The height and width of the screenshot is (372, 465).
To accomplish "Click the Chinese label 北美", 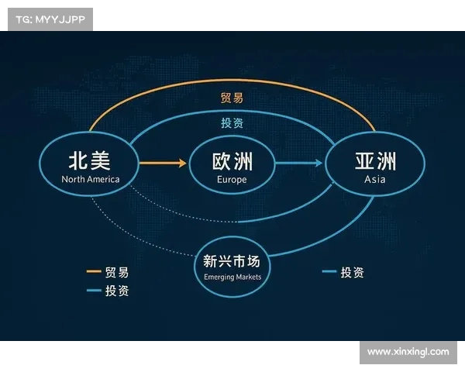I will tap(90, 160).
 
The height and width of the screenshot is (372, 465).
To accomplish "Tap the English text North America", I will tap(91, 179).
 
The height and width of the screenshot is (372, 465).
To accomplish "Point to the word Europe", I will tap(232, 180).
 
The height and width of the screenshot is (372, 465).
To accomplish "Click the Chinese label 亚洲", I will tap(375, 160).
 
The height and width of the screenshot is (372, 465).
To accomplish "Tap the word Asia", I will tap(375, 180).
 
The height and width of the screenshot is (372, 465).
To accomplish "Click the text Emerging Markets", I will tap(232, 277).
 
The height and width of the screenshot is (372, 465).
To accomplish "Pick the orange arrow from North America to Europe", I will tap(163, 163).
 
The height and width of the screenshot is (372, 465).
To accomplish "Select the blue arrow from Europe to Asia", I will tap(299, 163).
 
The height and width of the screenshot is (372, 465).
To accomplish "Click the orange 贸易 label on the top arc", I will tap(232, 98).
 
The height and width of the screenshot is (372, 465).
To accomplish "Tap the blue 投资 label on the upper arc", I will tap(232, 122).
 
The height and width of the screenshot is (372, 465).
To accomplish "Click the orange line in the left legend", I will tap(94, 272).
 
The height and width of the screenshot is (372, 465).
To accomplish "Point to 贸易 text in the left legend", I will tap(117, 272).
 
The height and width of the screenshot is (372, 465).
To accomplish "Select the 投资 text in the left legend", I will tap(117, 291).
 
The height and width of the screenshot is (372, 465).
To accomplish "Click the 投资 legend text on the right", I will tap(352, 272).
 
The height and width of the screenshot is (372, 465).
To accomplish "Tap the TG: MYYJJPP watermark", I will tap(50, 19).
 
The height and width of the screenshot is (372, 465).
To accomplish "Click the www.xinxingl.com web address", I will tap(408, 352).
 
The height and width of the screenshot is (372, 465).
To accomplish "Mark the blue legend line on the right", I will tap(329, 272).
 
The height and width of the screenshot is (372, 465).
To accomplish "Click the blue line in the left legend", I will tap(94, 291).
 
